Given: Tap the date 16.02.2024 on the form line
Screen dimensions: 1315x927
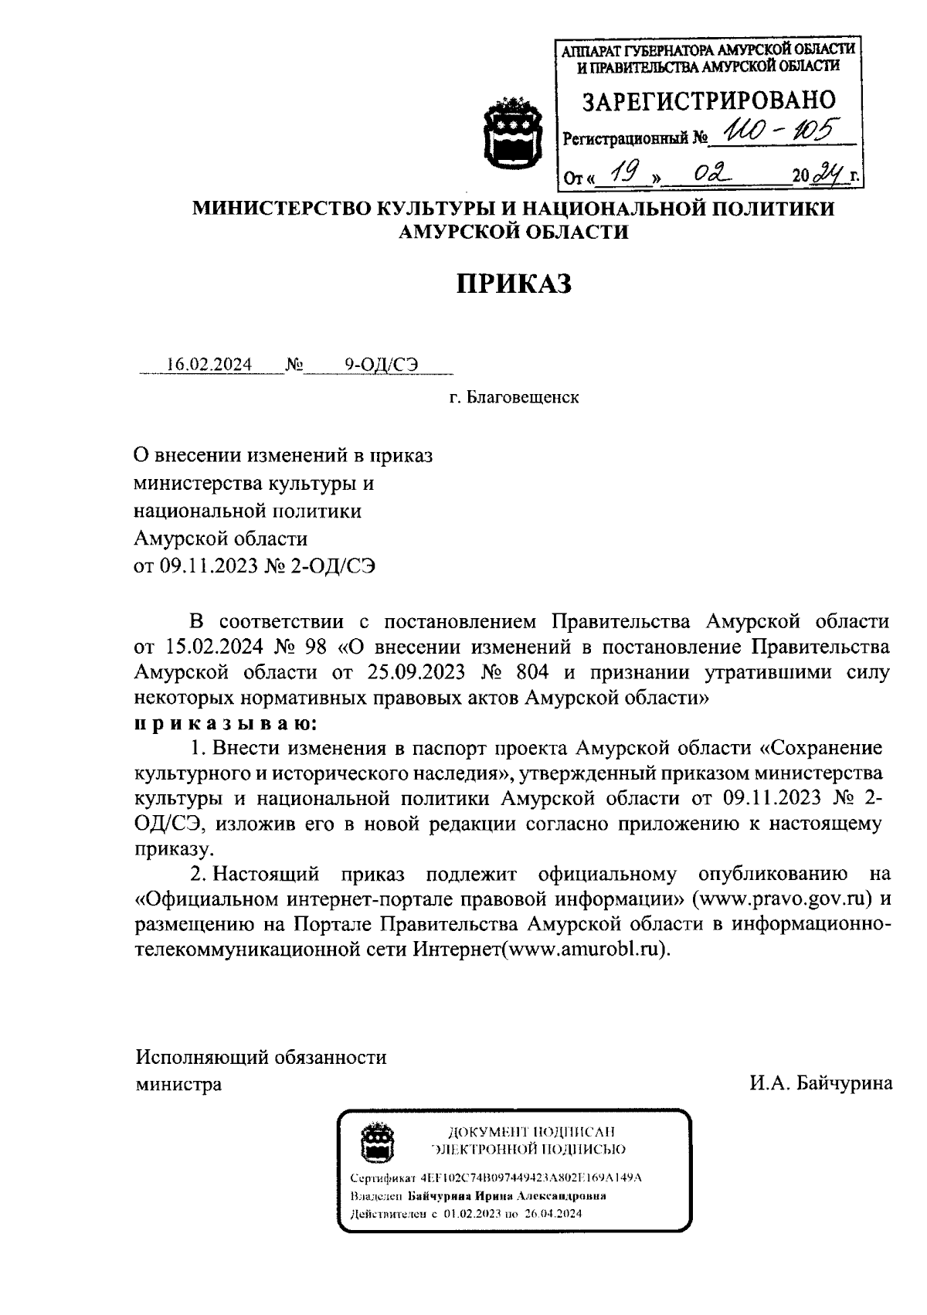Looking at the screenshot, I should [210, 365].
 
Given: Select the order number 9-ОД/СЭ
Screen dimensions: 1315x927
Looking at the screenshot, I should [382, 365].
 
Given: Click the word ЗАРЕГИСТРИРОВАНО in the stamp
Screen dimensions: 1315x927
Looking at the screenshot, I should [708, 100].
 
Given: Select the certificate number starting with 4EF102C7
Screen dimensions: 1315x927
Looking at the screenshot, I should [531, 1178].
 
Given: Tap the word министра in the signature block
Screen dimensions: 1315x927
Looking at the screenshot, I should [178, 1083].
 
